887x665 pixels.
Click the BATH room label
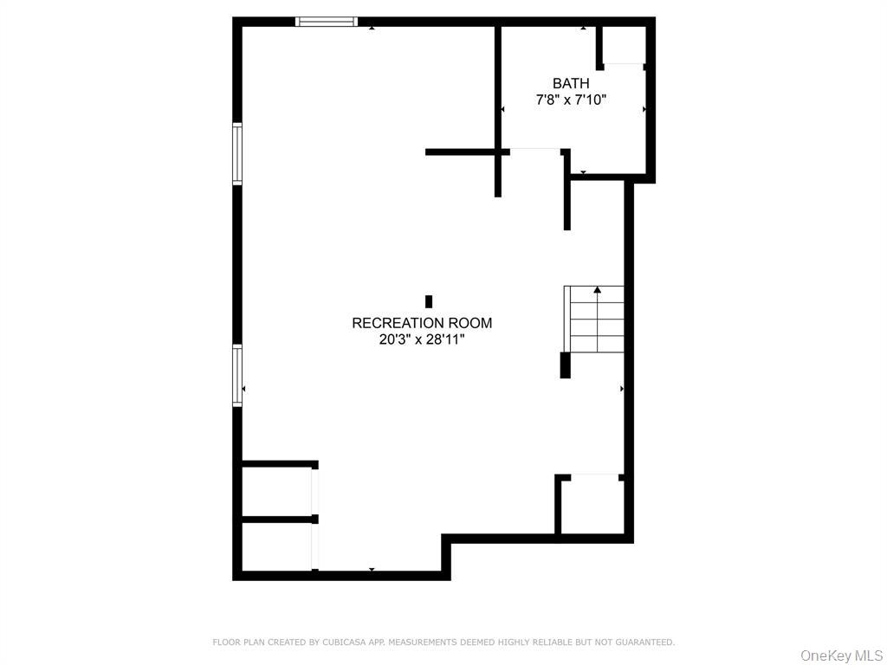(571, 83)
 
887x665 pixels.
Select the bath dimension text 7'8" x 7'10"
(571, 100)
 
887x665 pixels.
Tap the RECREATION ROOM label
(422, 323)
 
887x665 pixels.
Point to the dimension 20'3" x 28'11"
(422, 339)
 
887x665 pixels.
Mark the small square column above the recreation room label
(429, 301)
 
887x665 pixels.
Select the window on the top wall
(327, 22)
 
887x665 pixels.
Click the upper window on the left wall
(237, 153)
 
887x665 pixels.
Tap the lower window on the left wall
(237, 375)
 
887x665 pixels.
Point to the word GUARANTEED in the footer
(644, 642)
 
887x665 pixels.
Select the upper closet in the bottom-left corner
(276, 492)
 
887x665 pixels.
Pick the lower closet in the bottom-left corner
(276, 546)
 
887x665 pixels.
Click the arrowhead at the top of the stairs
(597, 289)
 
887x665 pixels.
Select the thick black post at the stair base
(566, 365)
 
